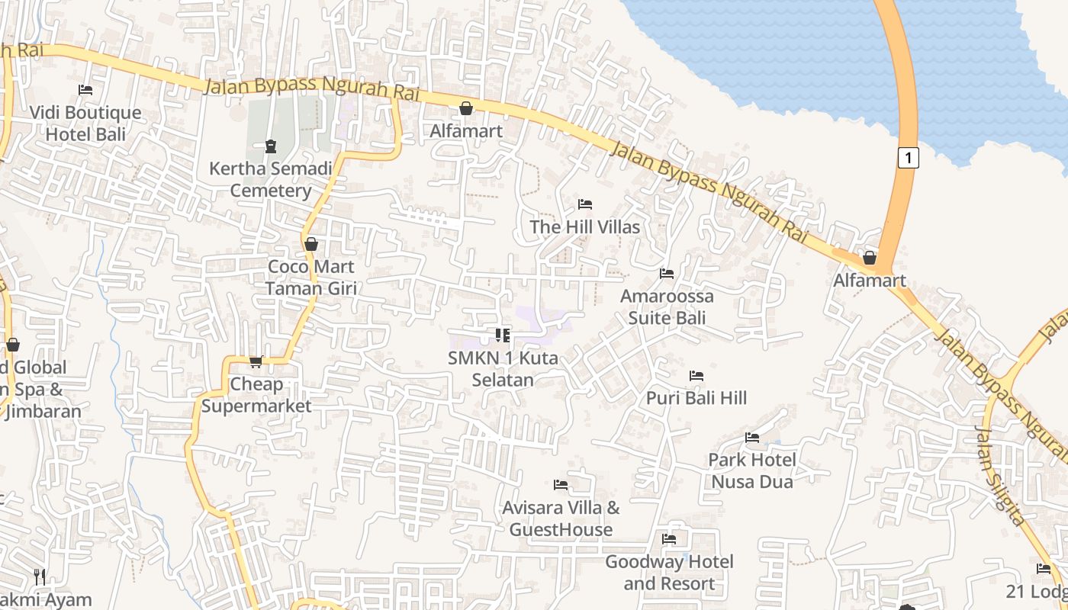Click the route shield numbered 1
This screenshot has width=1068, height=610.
tap(907, 158)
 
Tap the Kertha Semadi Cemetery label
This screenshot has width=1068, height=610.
tap(271, 179)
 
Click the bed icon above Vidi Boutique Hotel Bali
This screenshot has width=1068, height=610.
tap(85, 90)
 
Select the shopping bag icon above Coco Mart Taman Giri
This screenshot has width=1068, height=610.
tap(311, 244)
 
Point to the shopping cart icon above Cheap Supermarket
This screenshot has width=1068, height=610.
tap(256, 361)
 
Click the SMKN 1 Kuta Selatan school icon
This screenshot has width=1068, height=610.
tap(502, 335)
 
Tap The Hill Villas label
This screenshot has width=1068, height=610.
tap(585, 226)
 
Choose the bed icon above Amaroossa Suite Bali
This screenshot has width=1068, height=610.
tap(667, 274)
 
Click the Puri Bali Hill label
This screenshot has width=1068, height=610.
tap(696, 397)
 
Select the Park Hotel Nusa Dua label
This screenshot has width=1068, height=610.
tap(752, 470)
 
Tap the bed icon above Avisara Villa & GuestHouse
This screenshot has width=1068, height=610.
tap(561, 485)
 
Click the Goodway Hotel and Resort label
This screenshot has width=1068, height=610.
tap(669, 573)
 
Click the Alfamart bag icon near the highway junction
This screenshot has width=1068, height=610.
tap(869, 258)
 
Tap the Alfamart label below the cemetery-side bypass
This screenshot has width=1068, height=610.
tap(466, 130)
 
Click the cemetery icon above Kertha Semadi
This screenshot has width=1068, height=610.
tap(270, 146)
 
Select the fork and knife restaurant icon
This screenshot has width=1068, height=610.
tap(40, 576)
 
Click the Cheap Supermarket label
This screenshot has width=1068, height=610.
tap(256, 395)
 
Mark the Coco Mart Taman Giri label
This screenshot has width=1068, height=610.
tap(311, 277)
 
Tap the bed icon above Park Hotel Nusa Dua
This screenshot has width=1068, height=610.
tap(752, 438)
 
